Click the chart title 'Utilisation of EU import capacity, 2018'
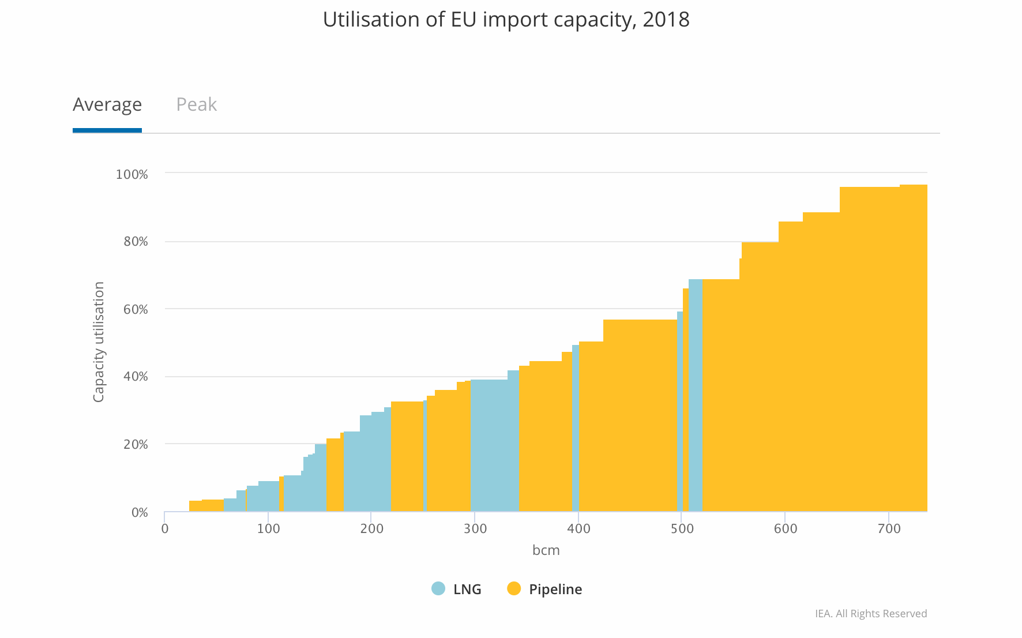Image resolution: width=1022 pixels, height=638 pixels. [x=506, y=20]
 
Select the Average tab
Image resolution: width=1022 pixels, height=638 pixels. [x=107, y=104]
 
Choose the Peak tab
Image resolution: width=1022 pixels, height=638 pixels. [x=196, y=104]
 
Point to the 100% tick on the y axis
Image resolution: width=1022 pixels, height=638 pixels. [x=132, y=174]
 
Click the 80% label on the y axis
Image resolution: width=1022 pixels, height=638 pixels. [x=136, y=242]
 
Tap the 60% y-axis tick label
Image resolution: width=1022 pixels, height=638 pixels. [x=136, y=310]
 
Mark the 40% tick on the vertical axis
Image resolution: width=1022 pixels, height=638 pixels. [x=136, y=377]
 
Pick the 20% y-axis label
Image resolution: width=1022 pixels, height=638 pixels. [x=136, y=445]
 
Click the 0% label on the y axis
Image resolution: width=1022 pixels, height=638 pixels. [x=140, y=513]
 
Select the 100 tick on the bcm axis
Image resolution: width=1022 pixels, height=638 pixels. [x=268, y=529]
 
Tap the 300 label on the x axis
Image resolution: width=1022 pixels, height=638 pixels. [x=475, y=529]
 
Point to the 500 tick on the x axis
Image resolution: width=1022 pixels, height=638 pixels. [x=682, y=529]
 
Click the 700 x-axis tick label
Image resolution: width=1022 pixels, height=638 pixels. [x=889, y=529]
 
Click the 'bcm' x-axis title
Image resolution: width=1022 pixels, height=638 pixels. [x=546, y=550]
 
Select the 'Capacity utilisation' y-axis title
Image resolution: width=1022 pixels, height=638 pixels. [x=99, y=342]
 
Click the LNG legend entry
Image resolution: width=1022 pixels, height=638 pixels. [x=456, y=589]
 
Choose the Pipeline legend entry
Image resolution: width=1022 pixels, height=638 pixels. [x=544, y=589]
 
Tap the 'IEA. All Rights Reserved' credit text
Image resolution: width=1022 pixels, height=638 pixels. [x=870, y=614]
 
